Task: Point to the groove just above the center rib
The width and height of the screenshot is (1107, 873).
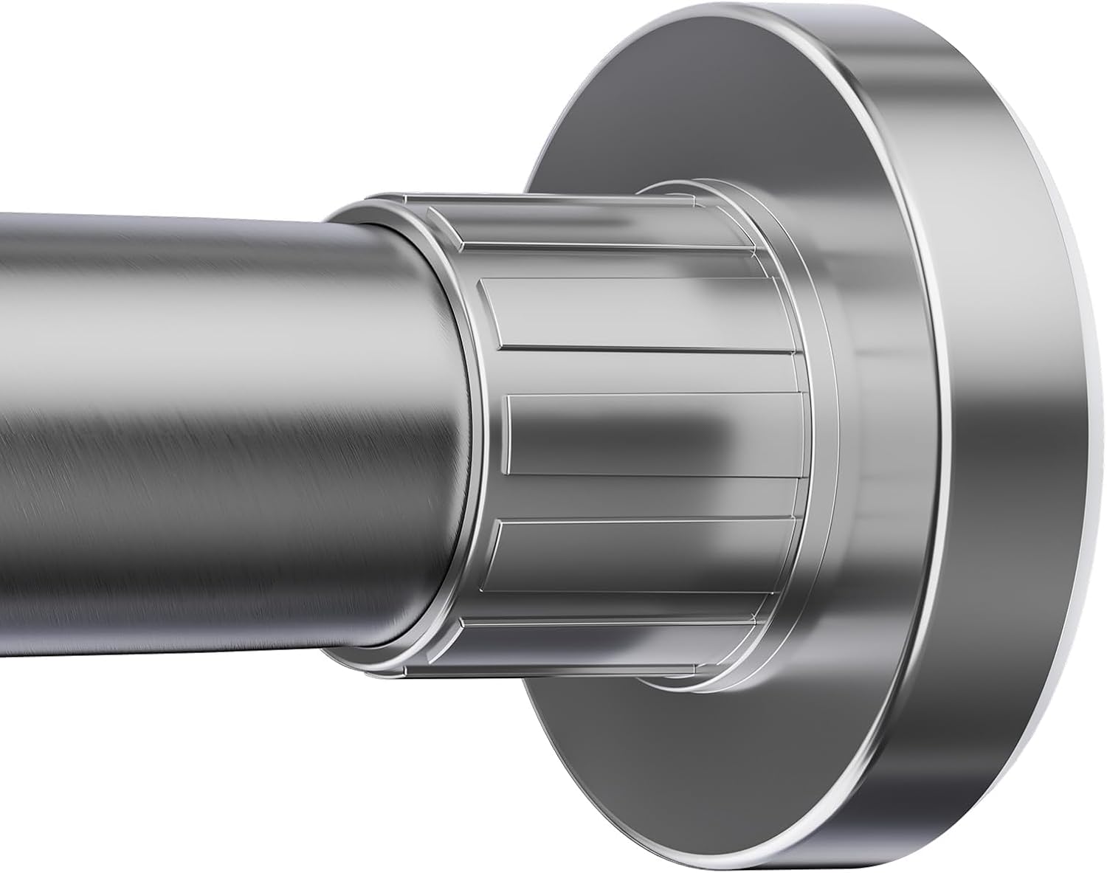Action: pyautogui.click(x=649, y=370)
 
